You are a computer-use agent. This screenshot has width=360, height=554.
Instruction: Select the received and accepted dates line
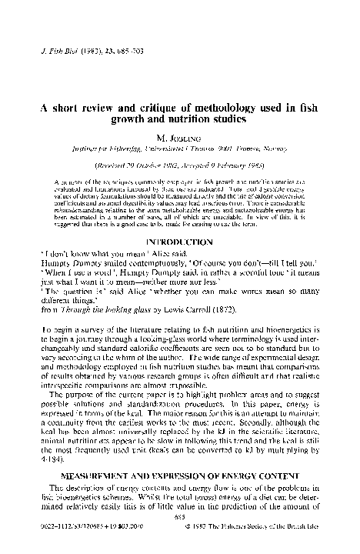(x=179, y=167)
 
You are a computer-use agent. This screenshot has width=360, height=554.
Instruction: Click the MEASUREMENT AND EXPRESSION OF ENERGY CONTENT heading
(x=180, y=475)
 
